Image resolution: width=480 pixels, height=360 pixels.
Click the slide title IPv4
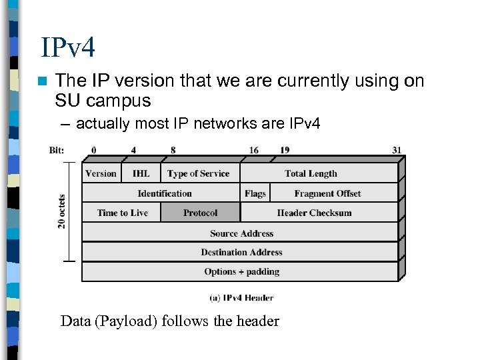68,47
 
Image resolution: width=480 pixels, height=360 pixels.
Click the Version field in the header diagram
101,173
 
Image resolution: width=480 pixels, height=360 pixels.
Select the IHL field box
141,173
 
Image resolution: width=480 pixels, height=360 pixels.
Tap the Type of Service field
198,173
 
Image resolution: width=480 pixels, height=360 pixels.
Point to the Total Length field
311,173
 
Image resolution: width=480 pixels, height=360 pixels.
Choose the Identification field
164,193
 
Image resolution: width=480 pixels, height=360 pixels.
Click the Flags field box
255,193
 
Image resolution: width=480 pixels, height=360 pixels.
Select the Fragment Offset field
327,193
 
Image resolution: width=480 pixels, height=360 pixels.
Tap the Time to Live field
122,213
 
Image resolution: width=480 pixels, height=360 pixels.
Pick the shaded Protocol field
200,213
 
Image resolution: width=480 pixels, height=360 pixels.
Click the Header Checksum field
314,213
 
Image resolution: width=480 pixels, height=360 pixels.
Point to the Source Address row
241,233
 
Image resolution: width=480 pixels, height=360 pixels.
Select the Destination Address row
241,252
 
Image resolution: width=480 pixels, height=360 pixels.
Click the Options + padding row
241,271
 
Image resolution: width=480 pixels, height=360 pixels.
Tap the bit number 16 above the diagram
254,150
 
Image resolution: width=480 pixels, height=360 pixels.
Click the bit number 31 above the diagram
397,150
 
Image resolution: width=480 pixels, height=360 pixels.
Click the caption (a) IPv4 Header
241,298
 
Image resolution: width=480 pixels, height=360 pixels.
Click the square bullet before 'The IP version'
43,81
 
